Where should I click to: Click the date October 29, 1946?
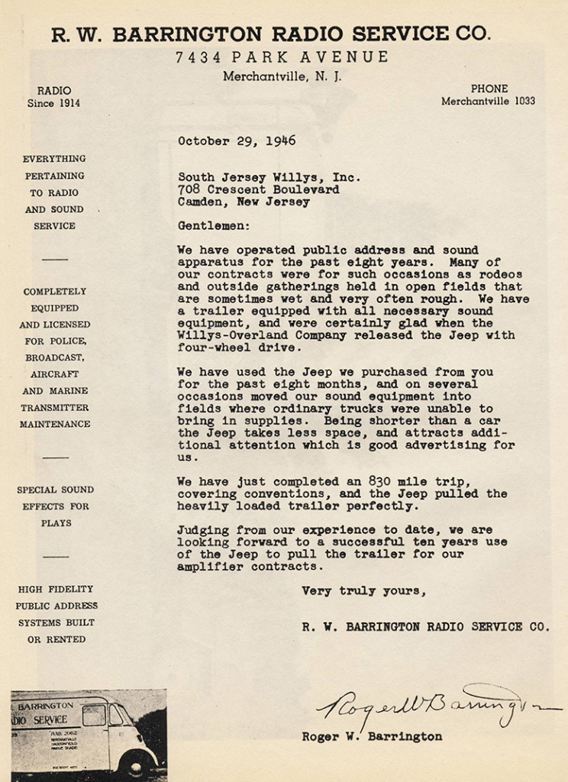[x=237, y=141]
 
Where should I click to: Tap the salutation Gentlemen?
[x=214, y=226]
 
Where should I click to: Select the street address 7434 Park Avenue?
[x=282, y=57]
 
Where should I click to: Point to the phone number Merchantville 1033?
[x=488, y=101]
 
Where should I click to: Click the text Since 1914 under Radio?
[x=53, y=103]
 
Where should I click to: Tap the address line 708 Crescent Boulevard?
[x=258, y=189]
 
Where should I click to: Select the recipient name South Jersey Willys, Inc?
[x=269, y=176]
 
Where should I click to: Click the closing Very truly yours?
[x=363, y=591]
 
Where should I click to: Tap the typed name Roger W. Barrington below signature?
[x=372, y=737]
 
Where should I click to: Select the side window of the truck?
[x=94, y=716]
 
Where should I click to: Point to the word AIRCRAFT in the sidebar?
[x=54, y=374]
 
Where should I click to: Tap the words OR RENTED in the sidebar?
[x=56, y=639]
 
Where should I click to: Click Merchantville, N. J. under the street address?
[x=282, y=76]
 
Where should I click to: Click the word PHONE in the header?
[x=489, y=89]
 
